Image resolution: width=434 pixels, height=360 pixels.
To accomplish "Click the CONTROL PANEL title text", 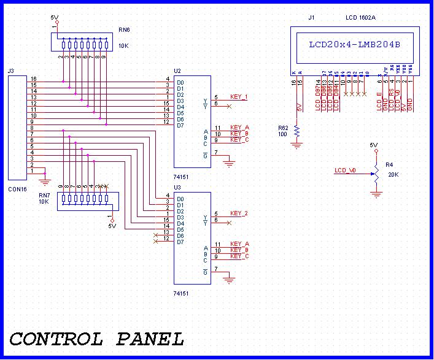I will pyautogui.click(x=96, y=339).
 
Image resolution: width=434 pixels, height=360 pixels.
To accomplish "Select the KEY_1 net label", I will pyautogui.click(x=239, y=97).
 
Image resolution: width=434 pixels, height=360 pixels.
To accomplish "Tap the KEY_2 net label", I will pyautogui.click(x=239, y=213).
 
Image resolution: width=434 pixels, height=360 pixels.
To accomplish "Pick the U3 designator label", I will pyautogui.click(x=177, y=186).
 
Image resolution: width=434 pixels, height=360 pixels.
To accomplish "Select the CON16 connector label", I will pyautogui.click(x=18, y=190).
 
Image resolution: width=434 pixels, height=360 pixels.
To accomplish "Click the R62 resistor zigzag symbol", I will pyautogui.click(x=296, y=131).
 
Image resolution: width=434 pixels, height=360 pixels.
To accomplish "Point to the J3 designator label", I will pyautogui.click(x=10, y=71).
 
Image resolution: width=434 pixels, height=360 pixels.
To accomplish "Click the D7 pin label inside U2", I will pyautogui.click(x=180, y=125).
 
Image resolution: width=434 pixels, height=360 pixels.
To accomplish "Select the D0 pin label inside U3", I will pyautogui.click(x=180, y=199).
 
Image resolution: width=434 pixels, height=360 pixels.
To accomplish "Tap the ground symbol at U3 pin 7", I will pyautogui.click(x=230, y=280).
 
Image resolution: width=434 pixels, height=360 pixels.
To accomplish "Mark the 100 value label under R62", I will pyautogui.click(x=282, y=134).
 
